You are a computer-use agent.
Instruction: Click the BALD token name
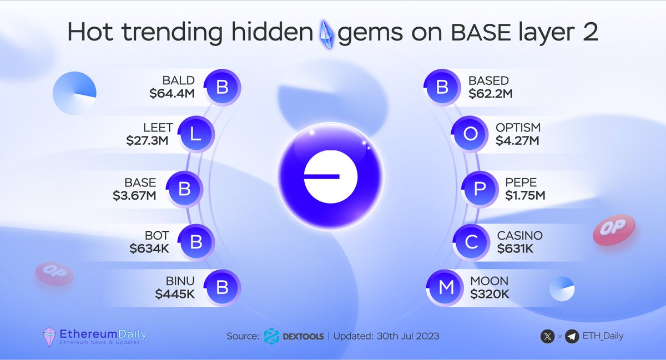pos(178,81)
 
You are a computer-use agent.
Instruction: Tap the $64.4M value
pos(171,94)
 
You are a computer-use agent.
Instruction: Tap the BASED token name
pos(488,81)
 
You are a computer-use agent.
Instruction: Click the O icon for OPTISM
pos(470,135)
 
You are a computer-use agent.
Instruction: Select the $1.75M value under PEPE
pos(525,195)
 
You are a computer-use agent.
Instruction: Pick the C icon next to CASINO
pos(470,242)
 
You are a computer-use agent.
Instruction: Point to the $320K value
pos(490,294)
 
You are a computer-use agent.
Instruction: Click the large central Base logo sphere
pos(330,176)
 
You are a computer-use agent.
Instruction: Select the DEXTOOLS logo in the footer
pos(272,336)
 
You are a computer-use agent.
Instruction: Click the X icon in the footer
pos(547,336)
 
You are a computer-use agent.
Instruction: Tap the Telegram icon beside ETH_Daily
pos(572,336)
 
